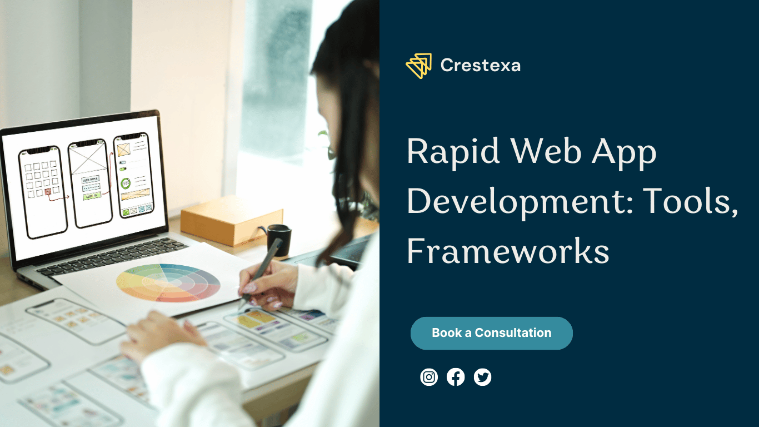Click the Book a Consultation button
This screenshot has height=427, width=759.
tap(492, 333)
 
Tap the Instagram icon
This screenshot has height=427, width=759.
tap(429, 377)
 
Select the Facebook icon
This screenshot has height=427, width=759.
tap(456, 377)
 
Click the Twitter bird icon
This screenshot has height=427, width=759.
tap(482, 377)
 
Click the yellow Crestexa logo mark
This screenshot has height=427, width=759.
tap(419, 66)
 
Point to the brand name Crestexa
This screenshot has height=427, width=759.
tap(481, 65)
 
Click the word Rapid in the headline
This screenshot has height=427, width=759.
tap(453, 152)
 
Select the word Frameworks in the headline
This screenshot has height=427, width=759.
tap(508, 252)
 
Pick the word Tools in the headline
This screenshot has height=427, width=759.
tap(690, 201)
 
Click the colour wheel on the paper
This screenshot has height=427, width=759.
tap(168, 283)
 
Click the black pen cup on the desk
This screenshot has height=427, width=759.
tap(279, 240)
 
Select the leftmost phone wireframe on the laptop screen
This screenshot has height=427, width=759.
tap(43, 192)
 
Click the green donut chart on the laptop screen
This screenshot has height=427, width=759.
tap(126, 183)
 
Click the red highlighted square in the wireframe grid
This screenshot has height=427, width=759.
tap(48, 192)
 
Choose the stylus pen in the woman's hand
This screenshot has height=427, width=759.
tap(261, 271)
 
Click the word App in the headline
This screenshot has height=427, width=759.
tap(624, 152)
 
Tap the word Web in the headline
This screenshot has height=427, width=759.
tap(546, 151)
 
